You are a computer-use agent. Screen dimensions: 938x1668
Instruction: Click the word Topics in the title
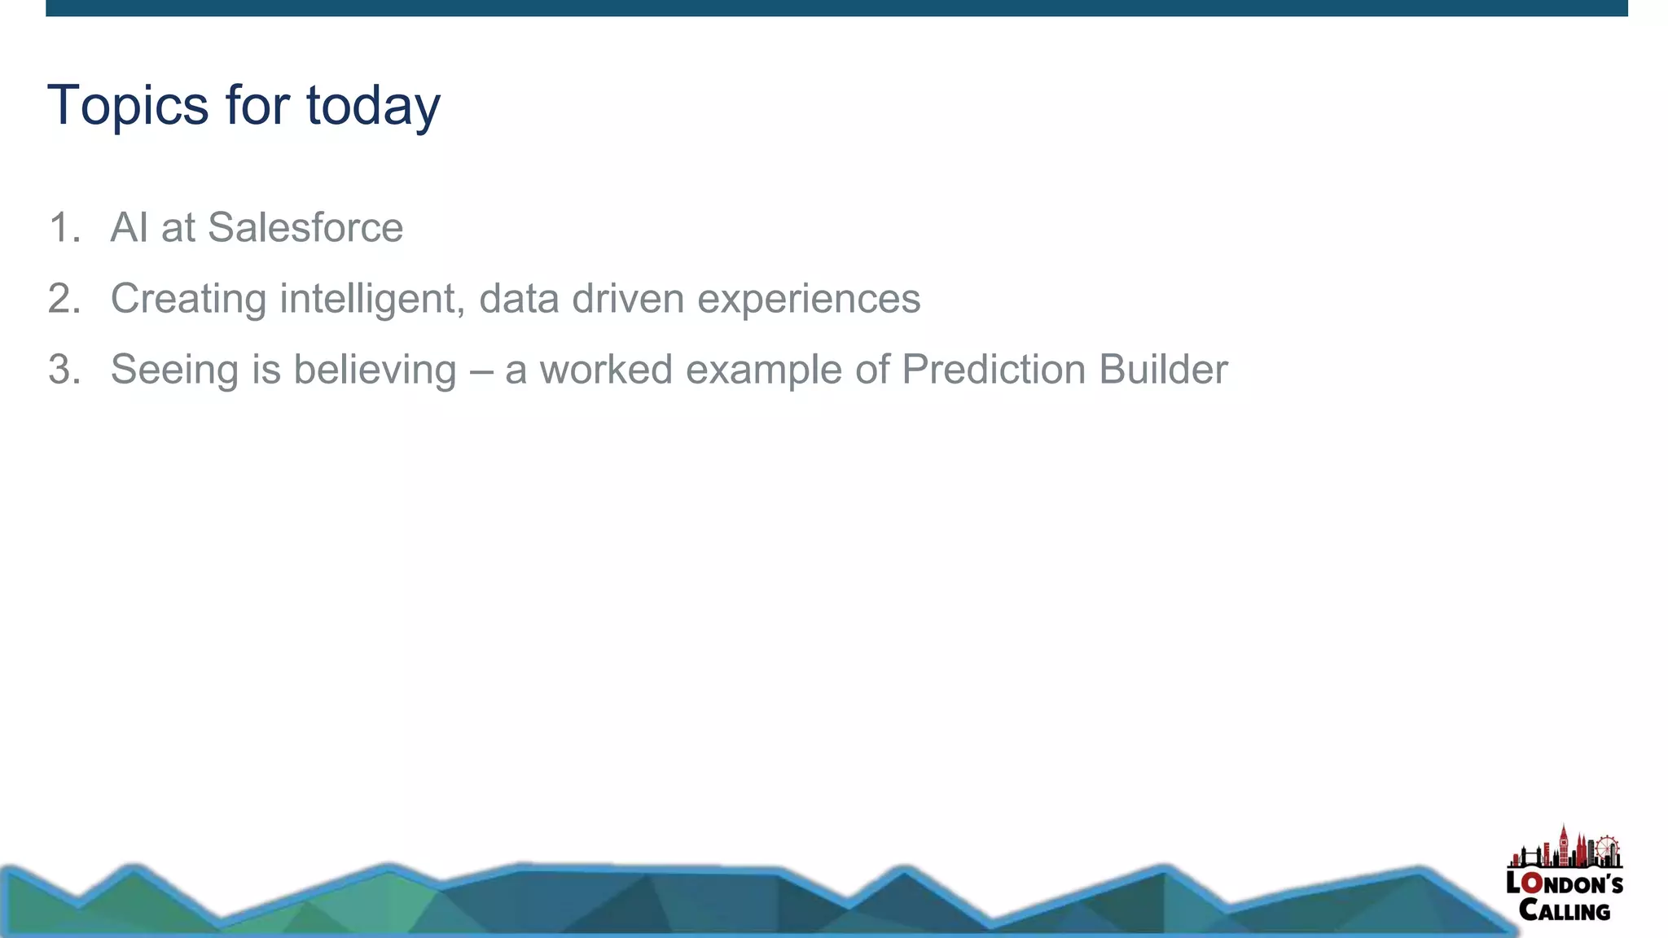[x=129, y=106]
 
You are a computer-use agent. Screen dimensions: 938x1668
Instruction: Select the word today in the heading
[x=373, y=106]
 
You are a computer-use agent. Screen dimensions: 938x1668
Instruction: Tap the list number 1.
[x=64, y=227]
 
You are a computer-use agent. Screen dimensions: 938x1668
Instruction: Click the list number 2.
[x=64, y=298]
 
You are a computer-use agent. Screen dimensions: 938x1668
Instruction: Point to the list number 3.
[x=64, y=369]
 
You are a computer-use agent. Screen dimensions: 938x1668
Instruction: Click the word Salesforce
[x=305, y=227]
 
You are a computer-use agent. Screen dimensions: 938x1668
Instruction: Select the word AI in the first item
[x=129, y=227]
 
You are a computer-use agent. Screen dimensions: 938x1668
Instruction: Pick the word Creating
[x=188, y=298]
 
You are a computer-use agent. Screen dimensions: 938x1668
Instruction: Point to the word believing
[x=375, y=369]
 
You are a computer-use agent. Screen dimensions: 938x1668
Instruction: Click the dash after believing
[x=481, y=370]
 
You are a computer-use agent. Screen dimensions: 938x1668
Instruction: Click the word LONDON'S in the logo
[x=1564, y=883]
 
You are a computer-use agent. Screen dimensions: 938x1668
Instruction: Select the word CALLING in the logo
[x=1565, y=910]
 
